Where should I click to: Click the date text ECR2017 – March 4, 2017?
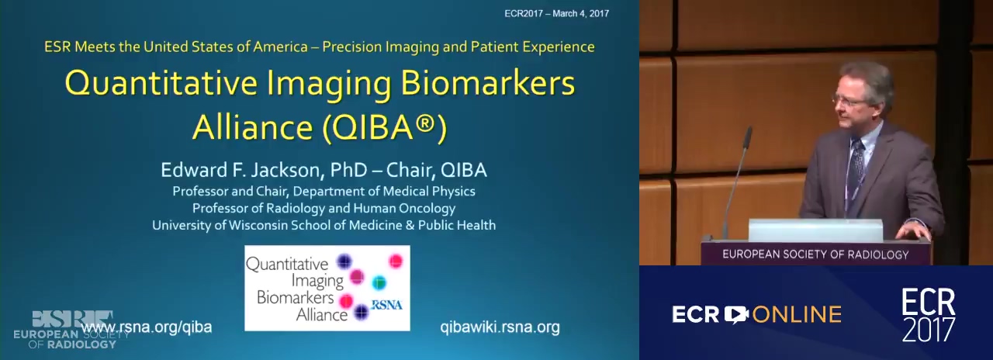click(x=556, y=13)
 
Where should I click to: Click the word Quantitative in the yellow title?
click(x=161, y=83)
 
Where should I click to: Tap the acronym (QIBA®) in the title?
click(x=384, y=127)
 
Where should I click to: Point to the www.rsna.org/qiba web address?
click(x=147, y=327)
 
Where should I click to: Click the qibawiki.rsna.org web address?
click(x=500, y=327)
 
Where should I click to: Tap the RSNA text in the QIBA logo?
click(x=386, y=305)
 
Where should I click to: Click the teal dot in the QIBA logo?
click(x=379, y=282)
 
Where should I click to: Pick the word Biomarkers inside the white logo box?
click(x=296, y=297)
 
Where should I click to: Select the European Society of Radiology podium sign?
click(x=815, y=254)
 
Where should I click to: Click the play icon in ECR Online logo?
click(x=736, y=314)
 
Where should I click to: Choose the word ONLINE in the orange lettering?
click(x=797, y=315)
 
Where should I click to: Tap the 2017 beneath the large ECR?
click(x=929, y=330)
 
